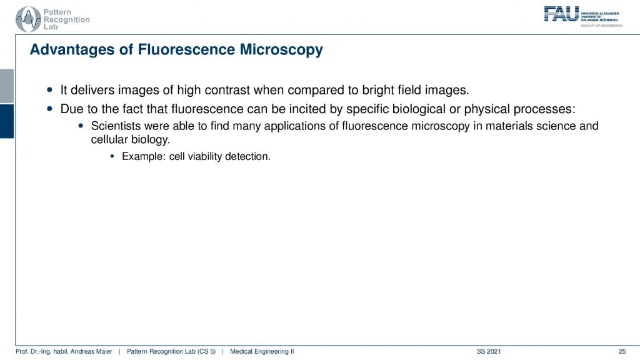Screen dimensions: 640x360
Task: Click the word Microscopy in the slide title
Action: coord(281,50)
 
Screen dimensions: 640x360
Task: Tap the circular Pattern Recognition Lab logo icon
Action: coord(27,19)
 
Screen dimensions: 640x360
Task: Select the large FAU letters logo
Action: coord(561,14)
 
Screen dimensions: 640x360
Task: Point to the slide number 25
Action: coord(622,351)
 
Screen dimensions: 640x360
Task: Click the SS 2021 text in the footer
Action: coord(489,351)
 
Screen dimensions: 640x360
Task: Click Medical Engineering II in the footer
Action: coord(262,351)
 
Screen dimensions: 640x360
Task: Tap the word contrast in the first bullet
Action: coord(227,90)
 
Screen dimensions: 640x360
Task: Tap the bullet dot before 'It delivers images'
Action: coord(50,90)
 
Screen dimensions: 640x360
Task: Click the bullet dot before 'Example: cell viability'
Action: coord(112,156)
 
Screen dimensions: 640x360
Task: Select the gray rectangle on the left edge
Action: coord(7,86)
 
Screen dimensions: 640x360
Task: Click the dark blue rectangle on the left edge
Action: coord(7,121)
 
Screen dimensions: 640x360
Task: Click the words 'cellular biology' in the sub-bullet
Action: coord(130,139)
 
